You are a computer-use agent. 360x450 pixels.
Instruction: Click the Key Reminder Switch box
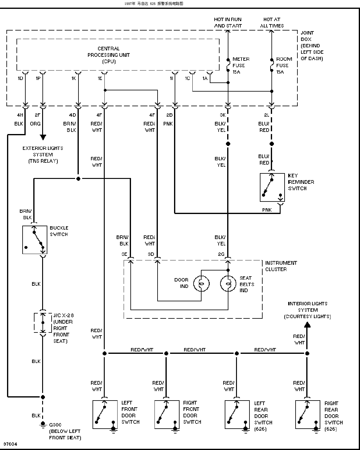click(x=260, y=187)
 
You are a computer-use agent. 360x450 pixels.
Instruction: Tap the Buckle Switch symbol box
click(x=23, y=240)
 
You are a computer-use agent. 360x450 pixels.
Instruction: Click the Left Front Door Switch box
click(x=93, y=414)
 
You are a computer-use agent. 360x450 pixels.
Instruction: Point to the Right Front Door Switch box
click(x=155, y=414)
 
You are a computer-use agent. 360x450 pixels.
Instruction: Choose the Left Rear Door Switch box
click(x=225, y=414)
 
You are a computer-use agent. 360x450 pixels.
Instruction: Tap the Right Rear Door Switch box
click(x=296, y=414)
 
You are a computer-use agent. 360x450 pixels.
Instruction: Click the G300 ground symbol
click(x=43, y=425)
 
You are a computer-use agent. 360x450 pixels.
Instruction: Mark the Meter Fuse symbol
click(x=228, y=65)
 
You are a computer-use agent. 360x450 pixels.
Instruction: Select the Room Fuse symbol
click(x=271, y=65)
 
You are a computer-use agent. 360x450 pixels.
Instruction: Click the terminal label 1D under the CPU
click(x=20, y=78)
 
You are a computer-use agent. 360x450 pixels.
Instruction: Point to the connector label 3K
click(x=223, y=115)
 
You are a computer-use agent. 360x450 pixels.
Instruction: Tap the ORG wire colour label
click(x=35, y=124)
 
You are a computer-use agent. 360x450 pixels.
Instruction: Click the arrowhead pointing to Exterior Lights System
click(x=43, y=137)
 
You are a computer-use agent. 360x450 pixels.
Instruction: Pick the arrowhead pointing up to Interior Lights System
click(x=307, y=325)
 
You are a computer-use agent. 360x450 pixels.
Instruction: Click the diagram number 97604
click(x=10, y=444)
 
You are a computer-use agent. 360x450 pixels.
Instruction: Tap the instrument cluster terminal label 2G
click(x=221, y=254)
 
